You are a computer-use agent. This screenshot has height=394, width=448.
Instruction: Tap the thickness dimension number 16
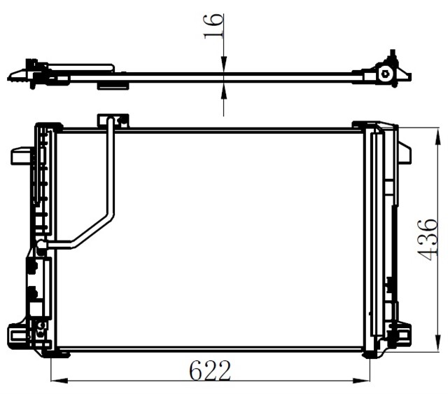215,27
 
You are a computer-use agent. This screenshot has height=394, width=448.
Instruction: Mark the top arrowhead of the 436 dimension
428,132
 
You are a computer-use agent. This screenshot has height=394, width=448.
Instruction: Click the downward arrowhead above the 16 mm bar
223,67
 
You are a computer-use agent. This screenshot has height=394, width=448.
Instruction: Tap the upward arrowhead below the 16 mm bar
223,87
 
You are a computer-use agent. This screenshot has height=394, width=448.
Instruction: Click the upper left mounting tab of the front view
21,155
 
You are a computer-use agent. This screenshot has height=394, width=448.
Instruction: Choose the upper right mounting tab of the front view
403,152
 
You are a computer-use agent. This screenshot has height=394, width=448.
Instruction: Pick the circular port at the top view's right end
384,73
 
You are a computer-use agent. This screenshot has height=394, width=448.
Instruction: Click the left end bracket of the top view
31,73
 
